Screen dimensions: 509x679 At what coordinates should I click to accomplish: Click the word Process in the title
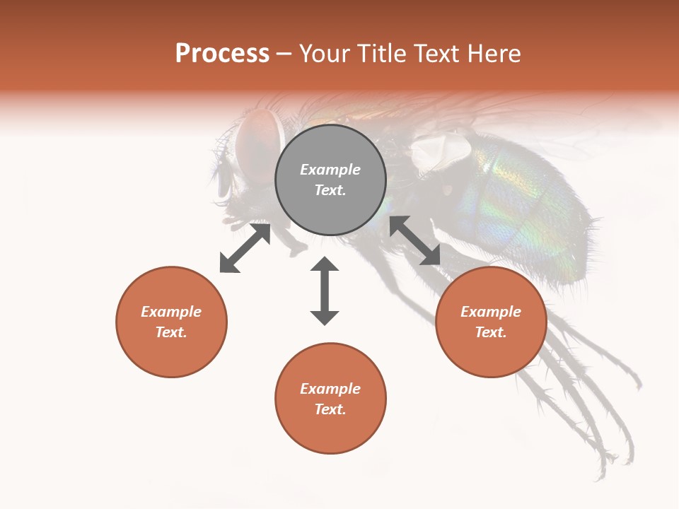pos(222,54)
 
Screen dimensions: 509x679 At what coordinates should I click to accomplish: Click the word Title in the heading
pos(379,54)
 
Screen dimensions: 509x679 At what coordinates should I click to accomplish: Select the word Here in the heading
pos(492,54)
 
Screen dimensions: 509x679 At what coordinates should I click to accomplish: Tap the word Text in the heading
pos(434,54)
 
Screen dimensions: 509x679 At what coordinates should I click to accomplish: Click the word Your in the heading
pos(325,54)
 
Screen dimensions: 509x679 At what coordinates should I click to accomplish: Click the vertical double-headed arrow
pos(325,291)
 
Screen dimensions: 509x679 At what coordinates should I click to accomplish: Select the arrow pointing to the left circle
pos(245,248)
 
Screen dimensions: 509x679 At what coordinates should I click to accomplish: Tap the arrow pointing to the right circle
pos(414,240)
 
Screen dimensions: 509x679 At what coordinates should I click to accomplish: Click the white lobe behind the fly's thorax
pos(442,150)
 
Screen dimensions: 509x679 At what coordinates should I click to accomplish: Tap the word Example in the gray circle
pos(330,170)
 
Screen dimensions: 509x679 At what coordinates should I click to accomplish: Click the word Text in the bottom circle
pos(330,409)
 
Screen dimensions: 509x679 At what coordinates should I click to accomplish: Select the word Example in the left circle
pos(171,312)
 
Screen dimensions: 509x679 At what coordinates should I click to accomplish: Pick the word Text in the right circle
pos(491,332)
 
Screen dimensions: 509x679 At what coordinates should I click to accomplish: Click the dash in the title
pos(284,54)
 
